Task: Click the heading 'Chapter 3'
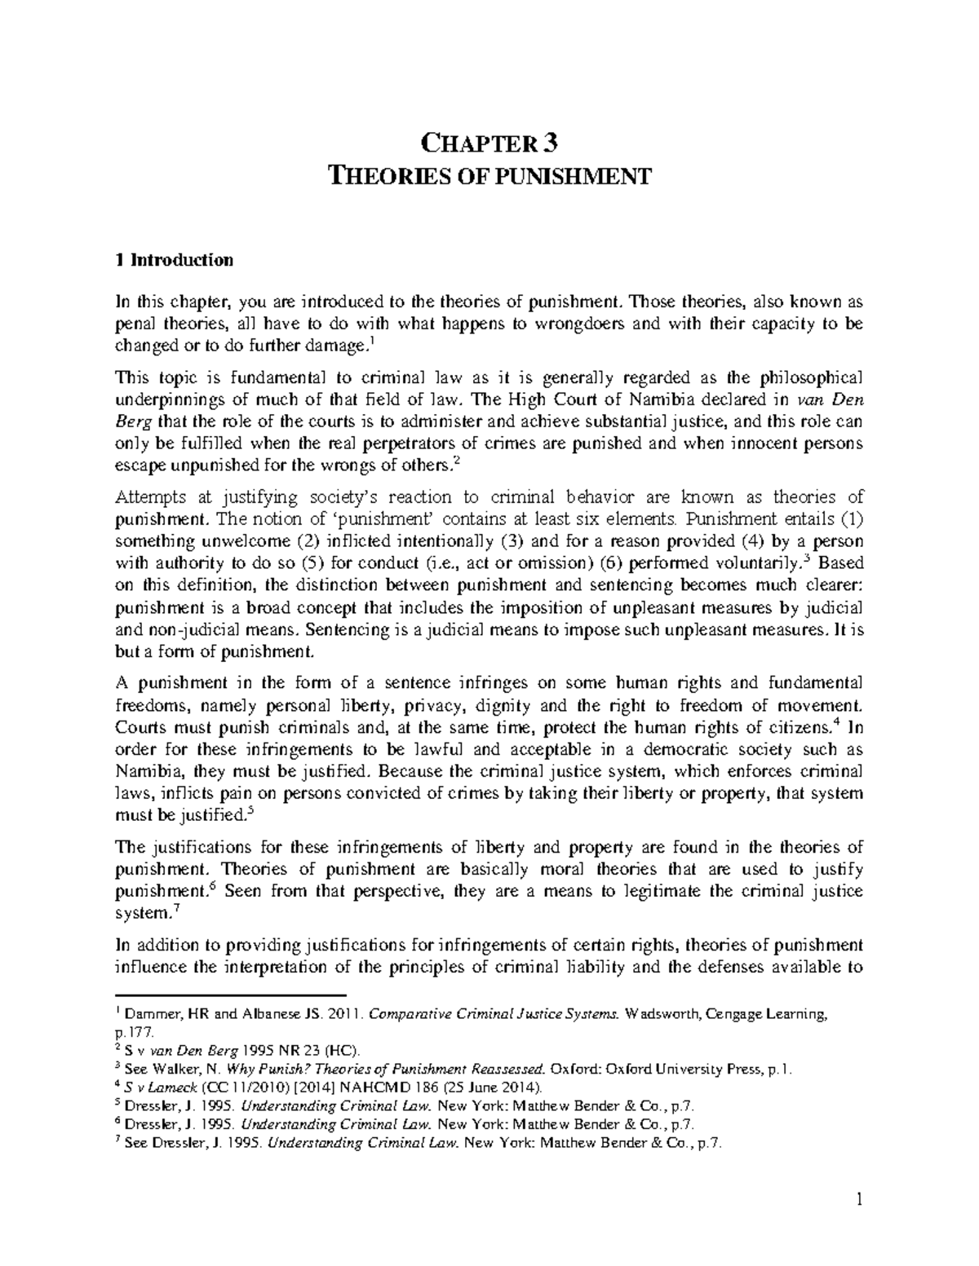(x=489, y=143)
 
